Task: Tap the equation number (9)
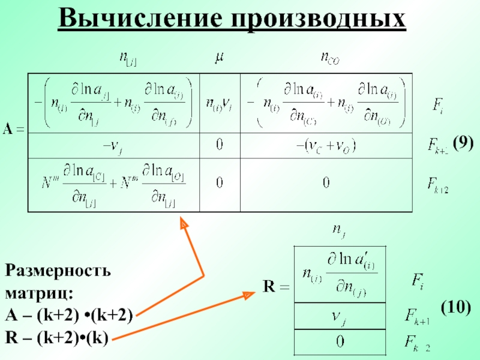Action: [x=463, y=142]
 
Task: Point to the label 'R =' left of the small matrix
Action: [x=276, y=287]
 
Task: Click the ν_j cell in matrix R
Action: [x=340, y=315]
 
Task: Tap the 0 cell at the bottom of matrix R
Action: [x=340, y=341]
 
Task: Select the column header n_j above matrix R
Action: [x=339, y=229]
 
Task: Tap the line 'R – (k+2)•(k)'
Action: [x=56, y=338]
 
